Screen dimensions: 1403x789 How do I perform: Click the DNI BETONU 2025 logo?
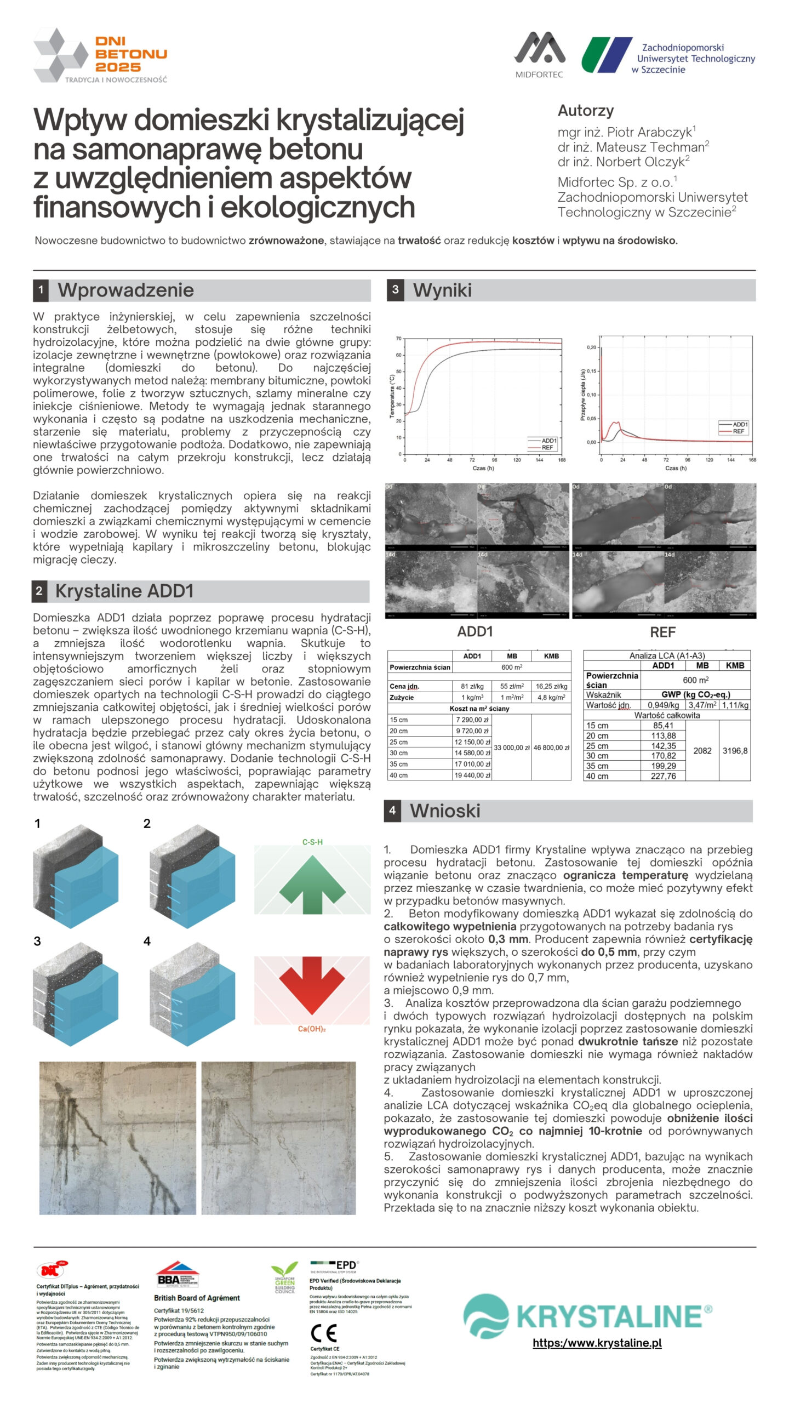coord(100,56)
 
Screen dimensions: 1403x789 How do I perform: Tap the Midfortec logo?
coord(539,54)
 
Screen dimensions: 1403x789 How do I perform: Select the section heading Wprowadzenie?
coord(125,290)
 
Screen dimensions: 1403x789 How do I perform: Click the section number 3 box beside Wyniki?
coord(395,290)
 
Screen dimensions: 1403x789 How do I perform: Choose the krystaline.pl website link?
coord(597,1343)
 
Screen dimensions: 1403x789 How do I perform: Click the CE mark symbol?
coord(323,1333)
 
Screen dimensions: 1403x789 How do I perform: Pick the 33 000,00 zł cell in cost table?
coord(512,748)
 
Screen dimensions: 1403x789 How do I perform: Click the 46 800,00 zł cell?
coord(551,748)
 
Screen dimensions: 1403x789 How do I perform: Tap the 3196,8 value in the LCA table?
coord(735,751)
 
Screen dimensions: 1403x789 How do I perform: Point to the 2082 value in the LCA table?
coord(702,751)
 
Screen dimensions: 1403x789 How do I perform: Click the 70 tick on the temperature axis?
coord(398,339)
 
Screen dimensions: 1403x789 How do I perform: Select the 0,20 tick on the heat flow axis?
coord(591,347)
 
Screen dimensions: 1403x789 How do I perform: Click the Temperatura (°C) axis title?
coord(392,396)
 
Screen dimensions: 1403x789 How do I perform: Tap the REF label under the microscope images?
coord(662,632)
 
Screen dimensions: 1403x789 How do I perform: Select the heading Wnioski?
coord(445,811)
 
